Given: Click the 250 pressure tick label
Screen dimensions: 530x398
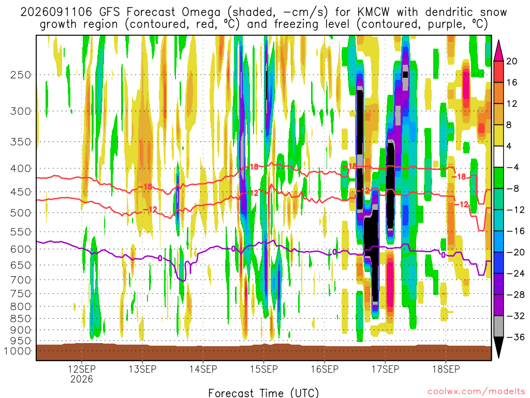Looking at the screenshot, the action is pyautogui.click(x=21, y=75).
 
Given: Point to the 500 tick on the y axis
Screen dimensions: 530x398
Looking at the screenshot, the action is pyautogui.click(x=21, y=213).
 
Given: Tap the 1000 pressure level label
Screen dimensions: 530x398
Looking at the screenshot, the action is pyautogui.click(x=17, y=351).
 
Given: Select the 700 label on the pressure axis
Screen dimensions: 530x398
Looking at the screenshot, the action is pyautogui.click(x=21, y=280).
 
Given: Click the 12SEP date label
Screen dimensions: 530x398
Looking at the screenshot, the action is pyautogui.click(x=82, y=369).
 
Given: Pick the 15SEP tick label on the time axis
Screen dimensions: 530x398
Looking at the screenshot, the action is pyautogui.click(x=264, y=369).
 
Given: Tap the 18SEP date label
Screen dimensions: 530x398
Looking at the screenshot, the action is pyautogui.click(x=446, y=369).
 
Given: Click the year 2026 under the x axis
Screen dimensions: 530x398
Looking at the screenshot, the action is pyautogui.click(x=82, y=379).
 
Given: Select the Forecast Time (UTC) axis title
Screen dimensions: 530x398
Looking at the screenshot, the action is pyautogui.click(x=263, y=393).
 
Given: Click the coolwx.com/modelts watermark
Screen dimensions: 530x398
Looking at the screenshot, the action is pyautogui.click(x=476, y=392).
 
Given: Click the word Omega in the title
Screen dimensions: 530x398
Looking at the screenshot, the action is pyautogui.click(x=201, y=12).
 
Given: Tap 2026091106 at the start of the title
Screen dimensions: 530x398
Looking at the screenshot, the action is pyautogui.click(x=56, y=12).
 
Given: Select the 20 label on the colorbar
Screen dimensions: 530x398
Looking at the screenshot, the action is pyautogui.click(x=512, y=61).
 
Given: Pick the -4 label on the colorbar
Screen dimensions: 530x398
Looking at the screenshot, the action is pyautogui.click(x=512, y=167).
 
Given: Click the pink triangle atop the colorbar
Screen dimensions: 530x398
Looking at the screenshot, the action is pyautogui.click(x=498, y=50).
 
